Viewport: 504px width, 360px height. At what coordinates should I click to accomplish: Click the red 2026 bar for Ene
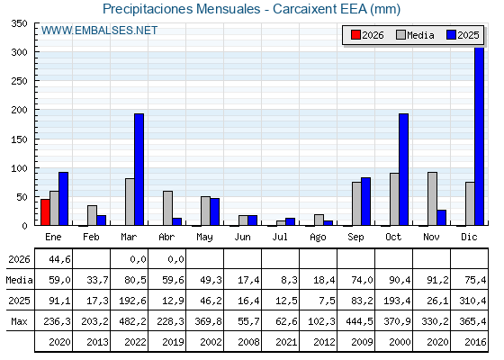pos(45,212)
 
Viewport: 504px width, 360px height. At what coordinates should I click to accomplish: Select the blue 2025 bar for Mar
pos(139,169)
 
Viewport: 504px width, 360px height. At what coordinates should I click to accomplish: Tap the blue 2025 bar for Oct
pos(404,169)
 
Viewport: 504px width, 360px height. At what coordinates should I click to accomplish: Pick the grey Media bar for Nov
pos(432,199)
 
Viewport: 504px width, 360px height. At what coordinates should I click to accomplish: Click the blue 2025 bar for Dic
pos(479,136)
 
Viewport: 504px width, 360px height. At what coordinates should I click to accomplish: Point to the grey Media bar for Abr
pos(167,208)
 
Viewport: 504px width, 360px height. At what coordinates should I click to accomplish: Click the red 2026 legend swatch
pos(355,35)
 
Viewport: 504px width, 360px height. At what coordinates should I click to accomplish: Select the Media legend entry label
pos(420,35)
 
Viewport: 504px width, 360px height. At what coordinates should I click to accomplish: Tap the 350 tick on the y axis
pos(19,23)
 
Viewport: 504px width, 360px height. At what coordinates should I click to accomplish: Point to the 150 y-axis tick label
pos(19,139)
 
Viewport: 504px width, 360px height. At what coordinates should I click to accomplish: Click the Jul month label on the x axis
pos(280,237)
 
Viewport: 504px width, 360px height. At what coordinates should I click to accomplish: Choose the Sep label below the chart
pos(355,238)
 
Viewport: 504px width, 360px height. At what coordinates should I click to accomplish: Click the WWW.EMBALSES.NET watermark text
pos(99,31)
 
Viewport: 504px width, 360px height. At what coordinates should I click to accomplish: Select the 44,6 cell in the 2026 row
pos(59,259)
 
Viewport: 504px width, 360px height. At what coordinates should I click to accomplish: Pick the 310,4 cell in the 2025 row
pos(472,301)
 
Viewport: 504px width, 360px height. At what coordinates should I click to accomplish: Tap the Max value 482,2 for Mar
pos(132,321)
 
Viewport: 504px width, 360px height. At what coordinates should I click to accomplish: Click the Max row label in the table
pos(19,321)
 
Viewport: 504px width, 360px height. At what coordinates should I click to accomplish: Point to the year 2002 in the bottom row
pos(211,342)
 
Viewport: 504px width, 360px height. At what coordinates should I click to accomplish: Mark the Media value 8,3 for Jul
pos(289,280)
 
